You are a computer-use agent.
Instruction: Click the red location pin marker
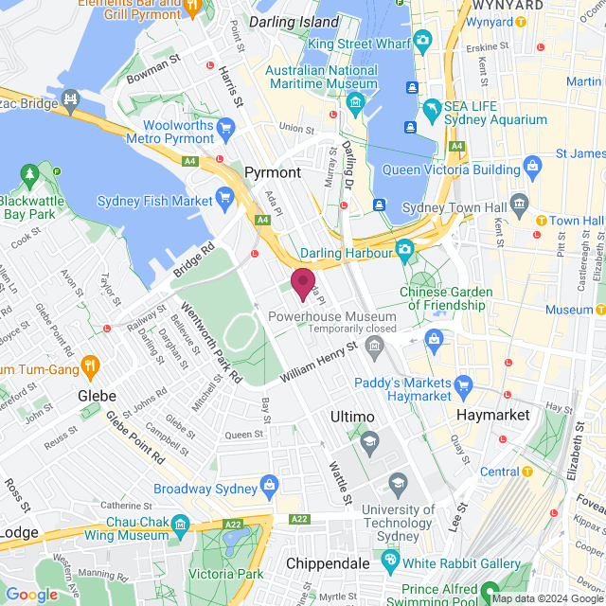coord(303,283)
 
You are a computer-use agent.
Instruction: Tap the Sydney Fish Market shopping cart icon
coord(224,196)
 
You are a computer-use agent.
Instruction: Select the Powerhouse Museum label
coord(345,315)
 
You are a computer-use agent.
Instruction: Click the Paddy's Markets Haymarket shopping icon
coord(463,384)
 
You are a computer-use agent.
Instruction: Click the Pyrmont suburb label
coord(272,172)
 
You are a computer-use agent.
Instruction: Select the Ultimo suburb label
coord(353,417)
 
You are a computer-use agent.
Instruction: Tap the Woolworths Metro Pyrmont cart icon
coord(225,127)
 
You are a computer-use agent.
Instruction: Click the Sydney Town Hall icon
coord(519,203)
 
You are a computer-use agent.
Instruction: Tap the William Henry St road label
coord(318,363)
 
